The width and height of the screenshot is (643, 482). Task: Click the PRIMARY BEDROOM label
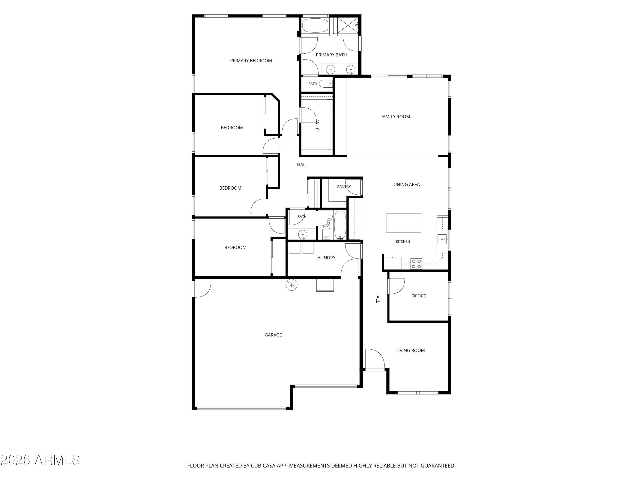251,60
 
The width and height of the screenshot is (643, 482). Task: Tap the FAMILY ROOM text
395,117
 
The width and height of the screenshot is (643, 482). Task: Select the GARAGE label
273,335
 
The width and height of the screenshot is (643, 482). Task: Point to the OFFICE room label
419,296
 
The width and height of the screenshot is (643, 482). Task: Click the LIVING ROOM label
410,350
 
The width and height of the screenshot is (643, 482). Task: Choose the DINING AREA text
406,184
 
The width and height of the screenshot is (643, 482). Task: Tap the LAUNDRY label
325,258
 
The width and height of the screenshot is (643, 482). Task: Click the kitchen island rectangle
403,223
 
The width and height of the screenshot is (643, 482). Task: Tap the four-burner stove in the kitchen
416,263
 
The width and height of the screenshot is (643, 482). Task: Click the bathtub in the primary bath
315,25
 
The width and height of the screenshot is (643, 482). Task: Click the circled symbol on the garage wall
291,285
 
